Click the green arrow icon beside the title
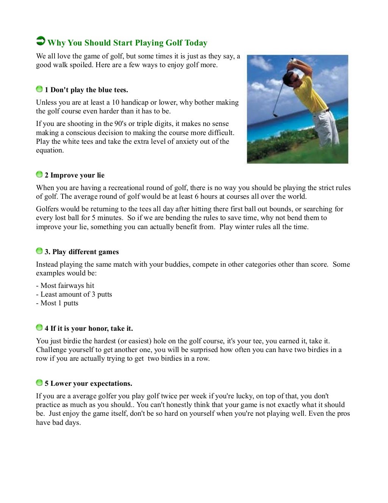point(40,41)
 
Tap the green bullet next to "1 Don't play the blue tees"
point(39,90)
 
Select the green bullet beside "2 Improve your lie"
point(39,174)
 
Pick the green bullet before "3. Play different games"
point(39,251)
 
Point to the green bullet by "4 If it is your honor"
point(39,328)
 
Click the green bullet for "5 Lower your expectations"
point(39,383)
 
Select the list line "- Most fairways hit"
point(65,286)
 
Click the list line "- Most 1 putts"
point(57,303)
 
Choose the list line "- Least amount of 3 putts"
point(74,294)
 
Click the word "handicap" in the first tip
point(135,102)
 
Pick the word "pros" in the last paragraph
point(343,413)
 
